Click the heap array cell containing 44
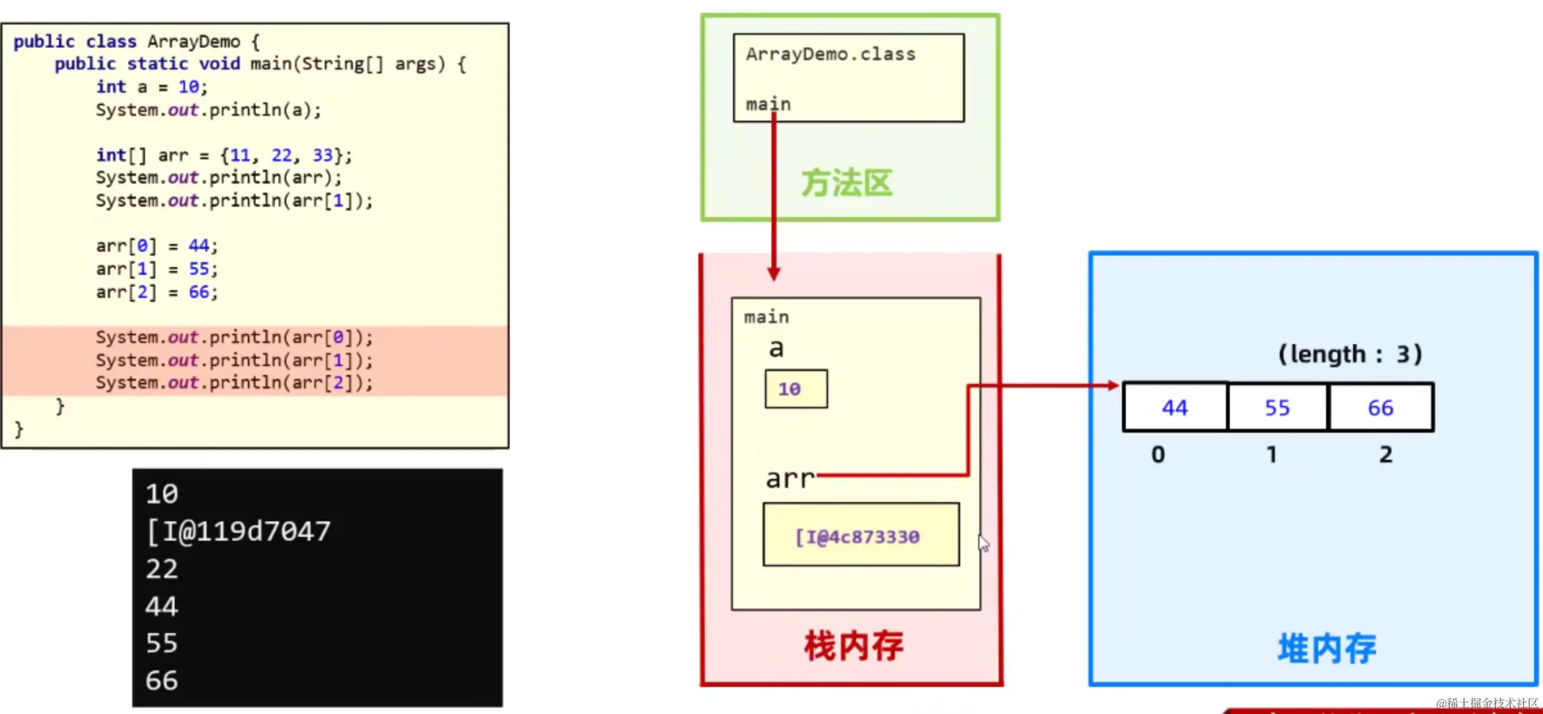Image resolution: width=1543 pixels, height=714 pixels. coord(1175,408)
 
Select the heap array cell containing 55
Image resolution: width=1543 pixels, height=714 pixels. coord(1277,408)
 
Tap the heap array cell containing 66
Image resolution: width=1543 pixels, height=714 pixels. coord(1381,408)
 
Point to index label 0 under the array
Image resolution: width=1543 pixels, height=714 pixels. coord(1158,455)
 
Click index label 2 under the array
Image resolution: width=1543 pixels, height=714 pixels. coord(1386,455)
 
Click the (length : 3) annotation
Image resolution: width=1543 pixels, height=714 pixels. coord(1350,354)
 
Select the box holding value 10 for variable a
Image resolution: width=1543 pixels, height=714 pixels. coord(796,389)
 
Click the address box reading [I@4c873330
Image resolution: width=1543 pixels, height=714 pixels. coord(861,535)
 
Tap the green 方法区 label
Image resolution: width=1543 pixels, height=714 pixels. coord(847,184)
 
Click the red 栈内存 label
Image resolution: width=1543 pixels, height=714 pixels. coord(854,646)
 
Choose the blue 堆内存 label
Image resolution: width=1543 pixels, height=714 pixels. coord(1327,649)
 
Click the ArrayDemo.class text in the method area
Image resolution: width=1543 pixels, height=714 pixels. coord(831,55)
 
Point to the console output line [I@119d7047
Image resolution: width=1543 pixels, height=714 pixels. coord(238,532)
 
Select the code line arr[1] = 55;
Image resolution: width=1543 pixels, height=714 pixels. coord(157,269)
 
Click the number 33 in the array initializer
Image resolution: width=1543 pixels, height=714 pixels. coord(322,155)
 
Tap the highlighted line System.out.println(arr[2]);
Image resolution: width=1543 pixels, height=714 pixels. coord(234,383)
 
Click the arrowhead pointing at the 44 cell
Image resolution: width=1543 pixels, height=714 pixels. coord(1113,385)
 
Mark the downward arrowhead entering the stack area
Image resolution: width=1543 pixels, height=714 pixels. coord(774,274)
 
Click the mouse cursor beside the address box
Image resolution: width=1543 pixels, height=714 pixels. coord(983,543)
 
